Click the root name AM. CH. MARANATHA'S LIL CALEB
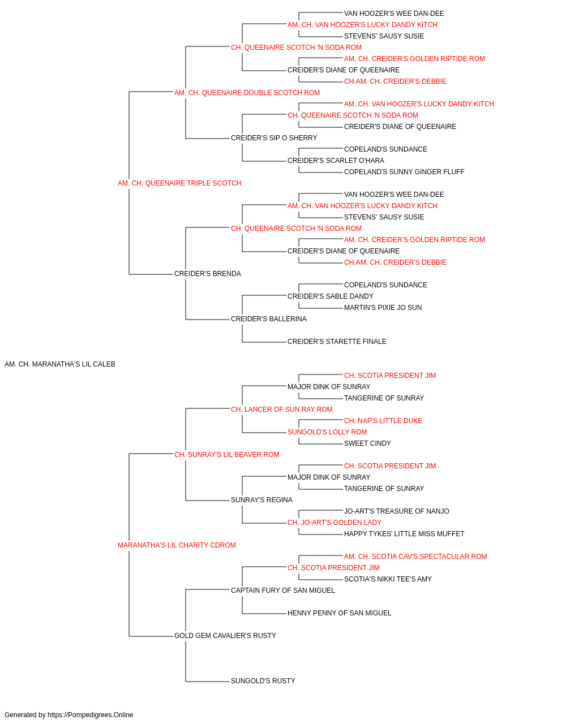coord(59,364)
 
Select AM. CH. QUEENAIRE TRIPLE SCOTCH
coord(179,183)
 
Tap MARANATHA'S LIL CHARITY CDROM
coord(177,545)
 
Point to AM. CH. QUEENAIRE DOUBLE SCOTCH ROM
coord(247,93)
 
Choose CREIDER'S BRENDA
coord(208,274)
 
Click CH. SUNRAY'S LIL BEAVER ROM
coord(226,455)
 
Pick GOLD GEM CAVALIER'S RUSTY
coord(225,636)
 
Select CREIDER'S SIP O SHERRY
coord(274,138)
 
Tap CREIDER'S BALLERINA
coord(269,319)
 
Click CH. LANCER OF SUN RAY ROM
coord(282,410)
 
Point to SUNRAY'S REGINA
coord(261,500)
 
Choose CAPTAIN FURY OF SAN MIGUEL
coord(283,591)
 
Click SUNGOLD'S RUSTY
coord(263,681)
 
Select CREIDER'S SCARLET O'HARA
coord(336,161)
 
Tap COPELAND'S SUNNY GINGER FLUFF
coord(404,172)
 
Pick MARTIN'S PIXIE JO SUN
coord(383,308)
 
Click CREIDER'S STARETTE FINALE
coord(337,342)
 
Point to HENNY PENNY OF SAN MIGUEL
coord(340,613)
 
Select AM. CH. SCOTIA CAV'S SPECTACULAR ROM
coord(415,557)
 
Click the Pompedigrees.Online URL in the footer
coord(91,715)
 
